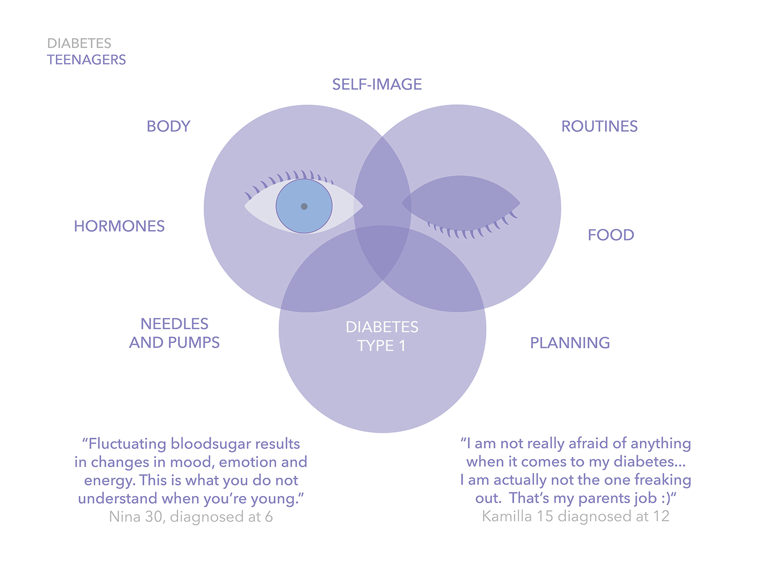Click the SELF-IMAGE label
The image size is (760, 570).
coord(377,85)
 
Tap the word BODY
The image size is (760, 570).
coord(168,126)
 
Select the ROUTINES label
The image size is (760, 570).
coord(599,126)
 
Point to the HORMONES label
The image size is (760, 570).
coord(119,226)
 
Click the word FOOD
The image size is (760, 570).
coord(611,235)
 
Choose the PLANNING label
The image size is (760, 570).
coord(570,343)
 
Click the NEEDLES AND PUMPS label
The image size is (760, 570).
coord(174,333)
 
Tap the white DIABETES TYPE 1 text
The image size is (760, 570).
coord(382,336)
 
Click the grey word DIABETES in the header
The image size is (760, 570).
coord(79,43)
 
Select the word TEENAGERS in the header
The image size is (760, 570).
coord(87,60)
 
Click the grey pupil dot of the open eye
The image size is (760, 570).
coord(304,207)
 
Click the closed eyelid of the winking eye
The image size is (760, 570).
coord(461,203)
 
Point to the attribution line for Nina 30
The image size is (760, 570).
coord(191,517)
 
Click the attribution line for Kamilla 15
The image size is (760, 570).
coord(576,516)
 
